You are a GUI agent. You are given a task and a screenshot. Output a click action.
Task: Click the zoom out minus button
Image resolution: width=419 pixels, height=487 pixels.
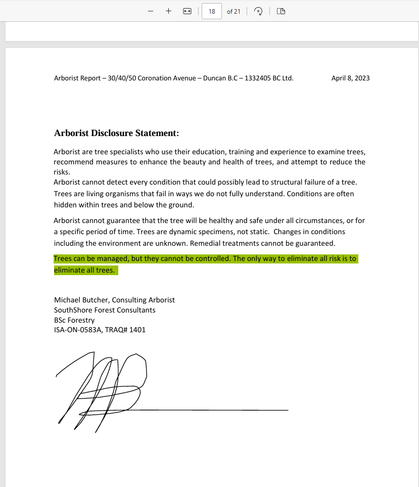(151, 11)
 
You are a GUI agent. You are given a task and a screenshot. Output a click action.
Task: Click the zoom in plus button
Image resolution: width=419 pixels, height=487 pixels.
(168, 11)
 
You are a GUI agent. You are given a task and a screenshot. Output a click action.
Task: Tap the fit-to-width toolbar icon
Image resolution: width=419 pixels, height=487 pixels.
(187, 11)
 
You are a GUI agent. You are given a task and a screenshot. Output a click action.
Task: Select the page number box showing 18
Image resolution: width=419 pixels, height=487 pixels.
(212, 11)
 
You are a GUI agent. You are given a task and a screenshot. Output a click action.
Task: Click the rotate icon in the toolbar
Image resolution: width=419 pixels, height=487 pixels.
(258, 11)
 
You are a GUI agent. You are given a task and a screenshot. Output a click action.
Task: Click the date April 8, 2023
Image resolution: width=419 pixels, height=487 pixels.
(350, 78)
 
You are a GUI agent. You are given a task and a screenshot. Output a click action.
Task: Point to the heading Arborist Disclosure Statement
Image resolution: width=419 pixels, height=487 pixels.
(116, 134)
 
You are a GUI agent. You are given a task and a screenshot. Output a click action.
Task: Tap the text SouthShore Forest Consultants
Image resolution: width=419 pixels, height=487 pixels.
(105, 310)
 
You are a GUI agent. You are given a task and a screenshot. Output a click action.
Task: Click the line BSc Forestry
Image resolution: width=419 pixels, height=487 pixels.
(74, 320)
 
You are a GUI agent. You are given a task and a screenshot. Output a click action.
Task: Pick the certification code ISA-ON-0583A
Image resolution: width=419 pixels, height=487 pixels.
(77, 330)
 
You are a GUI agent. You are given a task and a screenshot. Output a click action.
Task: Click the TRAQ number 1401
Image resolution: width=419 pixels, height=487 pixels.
(137, 330)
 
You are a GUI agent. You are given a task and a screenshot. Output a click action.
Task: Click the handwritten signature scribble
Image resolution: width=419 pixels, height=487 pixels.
(106, 389)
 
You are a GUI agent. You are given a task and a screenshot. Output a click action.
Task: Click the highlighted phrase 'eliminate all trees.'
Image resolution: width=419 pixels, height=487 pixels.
(84, 270)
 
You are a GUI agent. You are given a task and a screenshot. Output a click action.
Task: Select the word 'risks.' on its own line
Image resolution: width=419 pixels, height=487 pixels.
(62, 172)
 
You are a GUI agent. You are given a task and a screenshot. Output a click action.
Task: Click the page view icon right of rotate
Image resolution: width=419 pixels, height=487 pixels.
(282, 11)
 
